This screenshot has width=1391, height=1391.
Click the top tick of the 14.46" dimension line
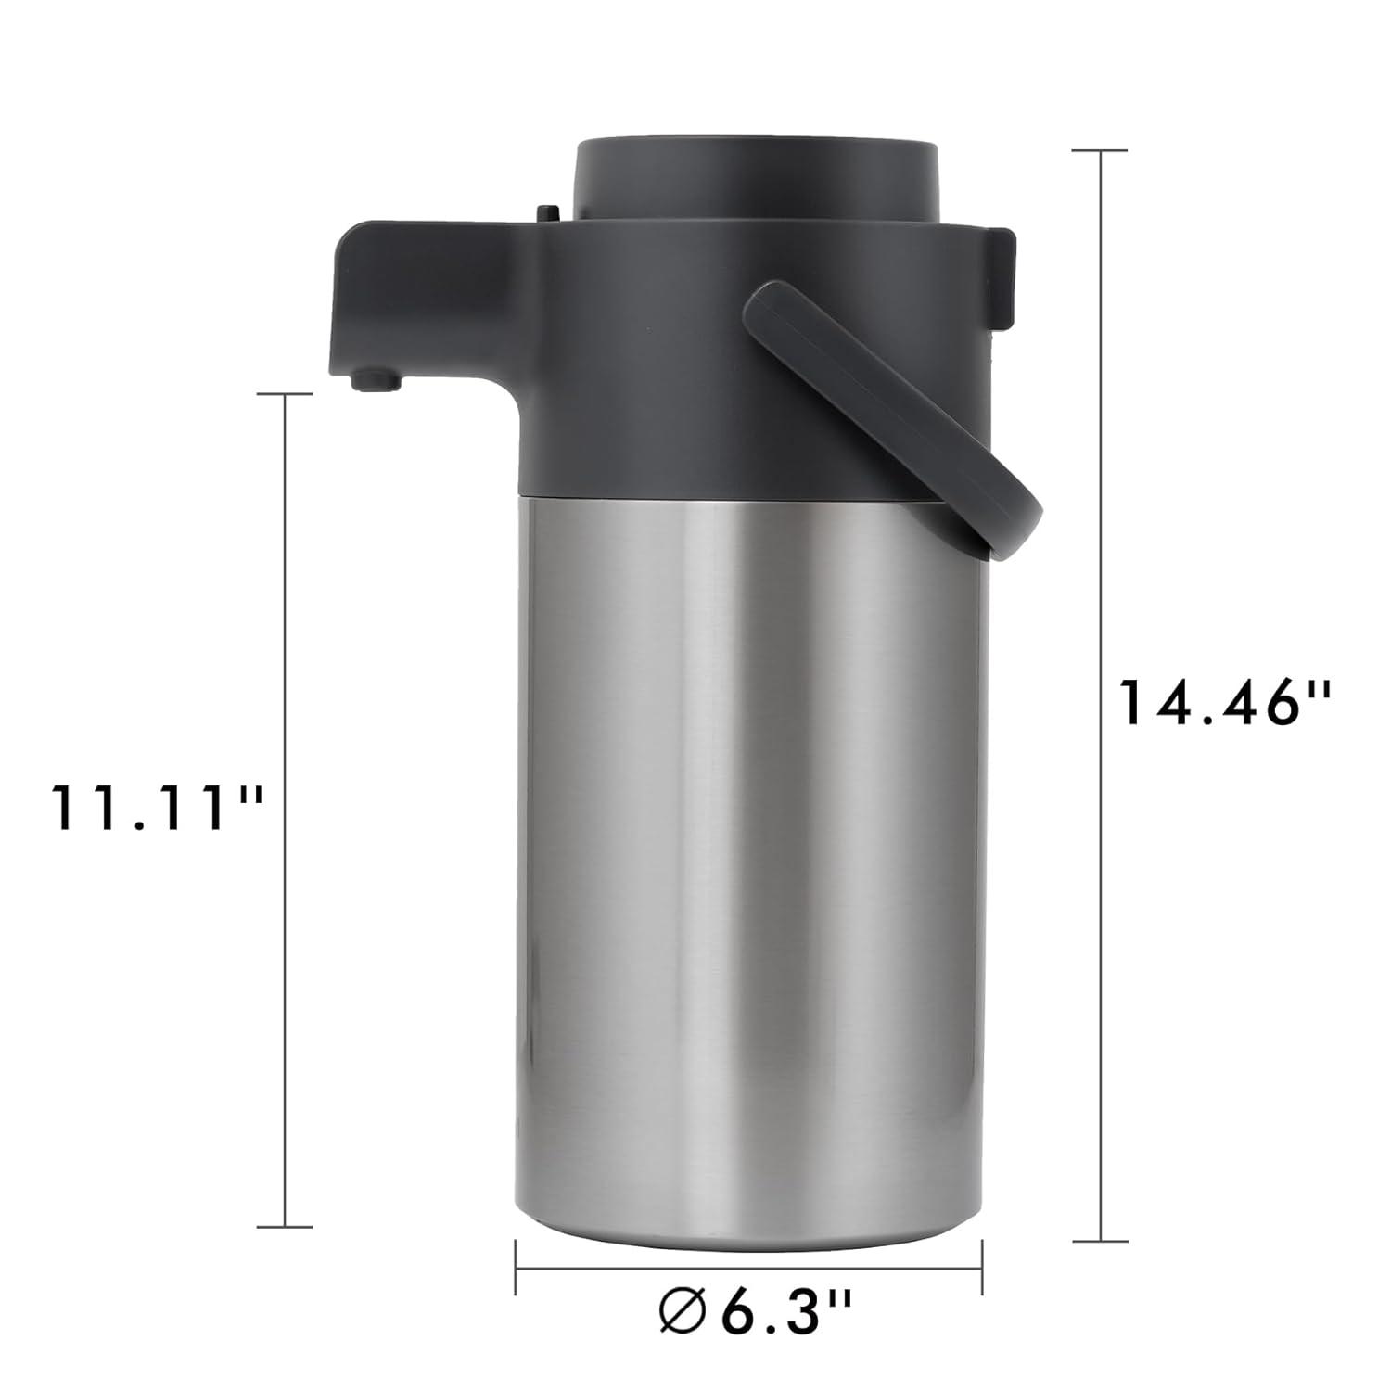[1101, 149]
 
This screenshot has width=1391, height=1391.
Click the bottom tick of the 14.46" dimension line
[1101, 1240]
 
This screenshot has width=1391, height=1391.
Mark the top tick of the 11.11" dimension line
[284, 394]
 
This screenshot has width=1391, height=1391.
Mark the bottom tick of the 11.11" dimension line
[284, 1226]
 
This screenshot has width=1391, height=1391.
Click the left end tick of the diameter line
[516, 1269]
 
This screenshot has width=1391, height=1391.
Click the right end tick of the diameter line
[982, 1269]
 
